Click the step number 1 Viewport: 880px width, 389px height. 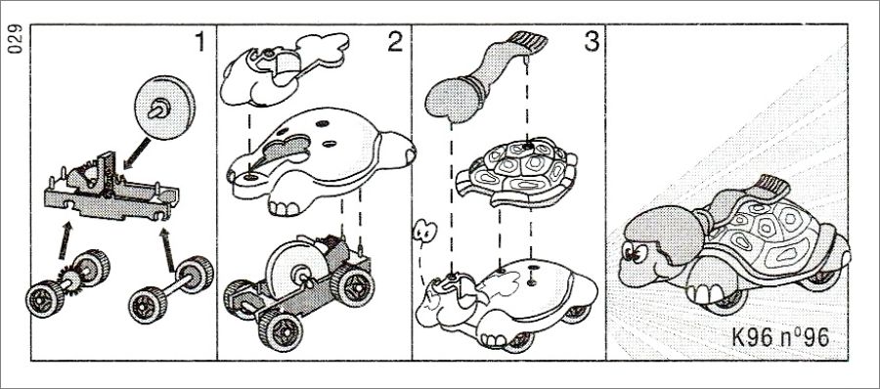click(199, 42)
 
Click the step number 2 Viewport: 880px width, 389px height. click(395, 42)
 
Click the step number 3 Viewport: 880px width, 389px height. click(592, 42)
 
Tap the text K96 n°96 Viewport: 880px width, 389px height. click(780, 337)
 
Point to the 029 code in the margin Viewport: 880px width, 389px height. click(15, 39)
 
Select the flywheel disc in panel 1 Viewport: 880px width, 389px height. click(164, 108)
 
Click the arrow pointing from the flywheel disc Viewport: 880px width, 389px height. click(136, 152)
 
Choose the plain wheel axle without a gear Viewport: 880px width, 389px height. click(170, 288)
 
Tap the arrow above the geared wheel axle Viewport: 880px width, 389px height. click(66, 240)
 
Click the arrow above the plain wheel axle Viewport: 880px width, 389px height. click(166, 248)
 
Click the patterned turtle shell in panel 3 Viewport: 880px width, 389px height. click(515, 172)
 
